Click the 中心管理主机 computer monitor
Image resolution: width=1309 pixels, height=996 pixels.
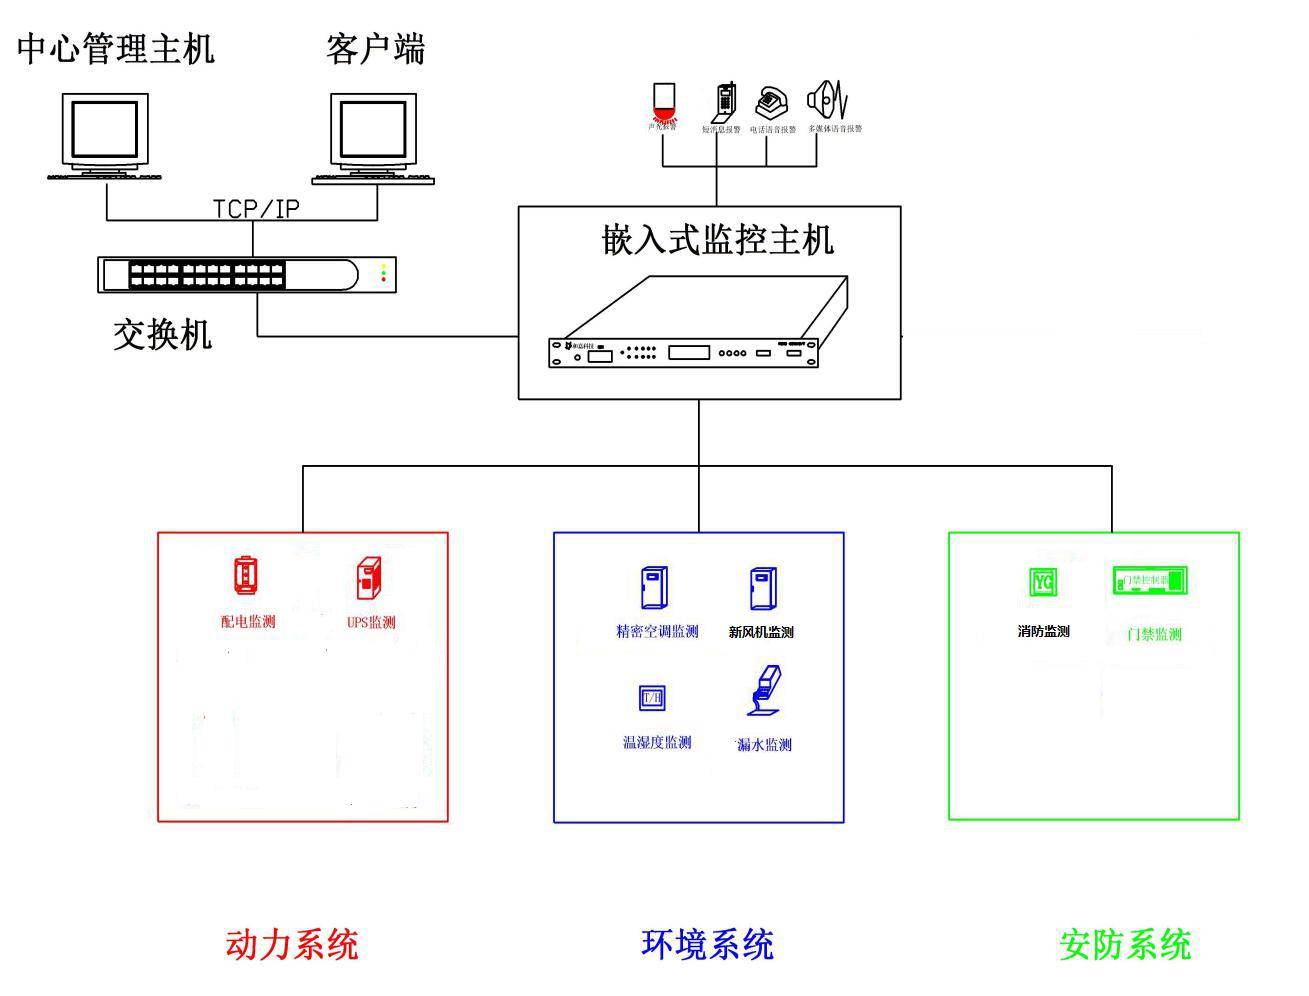point(105,131)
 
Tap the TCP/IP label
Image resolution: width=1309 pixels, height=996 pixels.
point(256,208)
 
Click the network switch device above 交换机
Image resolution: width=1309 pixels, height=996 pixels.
point(246,274)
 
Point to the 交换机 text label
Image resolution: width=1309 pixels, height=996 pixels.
point(162,334)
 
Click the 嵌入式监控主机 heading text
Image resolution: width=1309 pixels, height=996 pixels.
point(716,240)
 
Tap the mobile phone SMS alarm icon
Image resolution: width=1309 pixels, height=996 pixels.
point(724,102)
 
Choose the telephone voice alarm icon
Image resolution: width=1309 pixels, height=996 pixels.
point(771,102)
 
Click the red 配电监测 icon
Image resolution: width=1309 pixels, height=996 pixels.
point(246,576)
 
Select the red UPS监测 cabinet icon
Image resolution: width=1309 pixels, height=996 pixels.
point(369,578)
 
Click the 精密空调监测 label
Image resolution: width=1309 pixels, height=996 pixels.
point(657,632)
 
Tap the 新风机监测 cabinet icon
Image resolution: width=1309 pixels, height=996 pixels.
point(762,589)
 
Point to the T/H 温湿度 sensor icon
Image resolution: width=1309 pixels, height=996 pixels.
point(652,697)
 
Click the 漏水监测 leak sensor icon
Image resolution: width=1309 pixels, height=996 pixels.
point(763,693)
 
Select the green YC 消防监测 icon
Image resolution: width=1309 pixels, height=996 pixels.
point(1043,582)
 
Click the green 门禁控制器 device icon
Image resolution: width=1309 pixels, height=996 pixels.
point(1150,580)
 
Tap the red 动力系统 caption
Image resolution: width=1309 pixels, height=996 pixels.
point(291,944)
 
